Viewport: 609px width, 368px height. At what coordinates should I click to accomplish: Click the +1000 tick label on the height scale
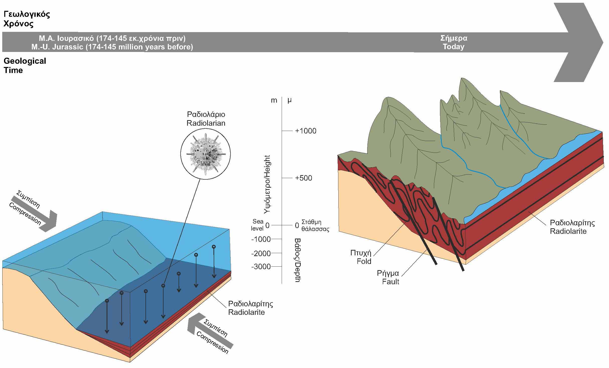coord(306,131)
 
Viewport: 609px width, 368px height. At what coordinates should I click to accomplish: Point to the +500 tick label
coord(303,178)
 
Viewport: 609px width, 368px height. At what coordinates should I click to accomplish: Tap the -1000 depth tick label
coord(261,239)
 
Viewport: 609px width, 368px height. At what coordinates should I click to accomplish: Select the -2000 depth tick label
coord(261,253)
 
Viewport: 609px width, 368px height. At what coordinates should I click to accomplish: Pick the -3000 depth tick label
coord(261,266)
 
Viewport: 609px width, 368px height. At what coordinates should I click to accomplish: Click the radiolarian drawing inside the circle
coord(205,154)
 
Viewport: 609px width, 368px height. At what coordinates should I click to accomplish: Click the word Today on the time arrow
coord(453,47)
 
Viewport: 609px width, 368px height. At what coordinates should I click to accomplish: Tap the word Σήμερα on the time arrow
coord(454,38)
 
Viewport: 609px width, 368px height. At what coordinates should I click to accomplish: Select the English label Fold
coord(364,261)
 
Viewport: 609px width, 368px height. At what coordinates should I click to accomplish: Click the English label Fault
coord(391,282)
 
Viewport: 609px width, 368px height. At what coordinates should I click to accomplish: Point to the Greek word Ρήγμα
coord(388,273)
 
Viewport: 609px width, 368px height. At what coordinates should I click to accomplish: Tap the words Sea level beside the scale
coord(258,225)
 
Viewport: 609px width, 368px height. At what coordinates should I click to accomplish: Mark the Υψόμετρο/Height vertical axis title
coord(268,184)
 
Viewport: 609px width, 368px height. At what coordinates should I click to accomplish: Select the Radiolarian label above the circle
coord(206,123)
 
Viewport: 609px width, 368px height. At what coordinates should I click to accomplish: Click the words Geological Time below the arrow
coord(25,65)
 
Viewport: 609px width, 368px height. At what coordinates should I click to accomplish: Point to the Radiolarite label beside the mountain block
coord(568,231)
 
